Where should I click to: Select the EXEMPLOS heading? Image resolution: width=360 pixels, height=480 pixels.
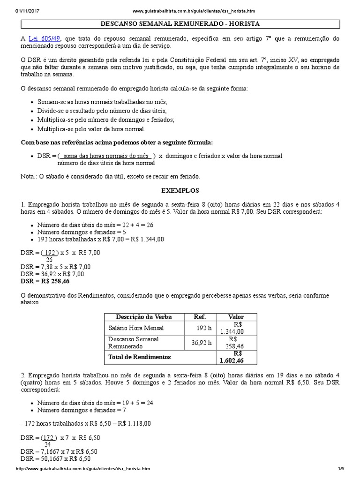(180, 191)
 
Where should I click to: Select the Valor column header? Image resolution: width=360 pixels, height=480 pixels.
(236, 316)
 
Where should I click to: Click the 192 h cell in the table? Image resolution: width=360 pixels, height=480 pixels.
(204, 328)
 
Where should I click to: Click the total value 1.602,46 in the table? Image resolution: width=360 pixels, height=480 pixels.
(232, 360)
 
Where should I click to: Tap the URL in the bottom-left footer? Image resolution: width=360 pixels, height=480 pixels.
(83, 469)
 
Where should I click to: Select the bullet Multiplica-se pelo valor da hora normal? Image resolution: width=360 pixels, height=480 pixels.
(91, 128)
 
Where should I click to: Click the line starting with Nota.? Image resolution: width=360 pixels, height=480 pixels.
(111, 176)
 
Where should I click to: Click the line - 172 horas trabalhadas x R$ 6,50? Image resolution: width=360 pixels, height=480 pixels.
(86, 423)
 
